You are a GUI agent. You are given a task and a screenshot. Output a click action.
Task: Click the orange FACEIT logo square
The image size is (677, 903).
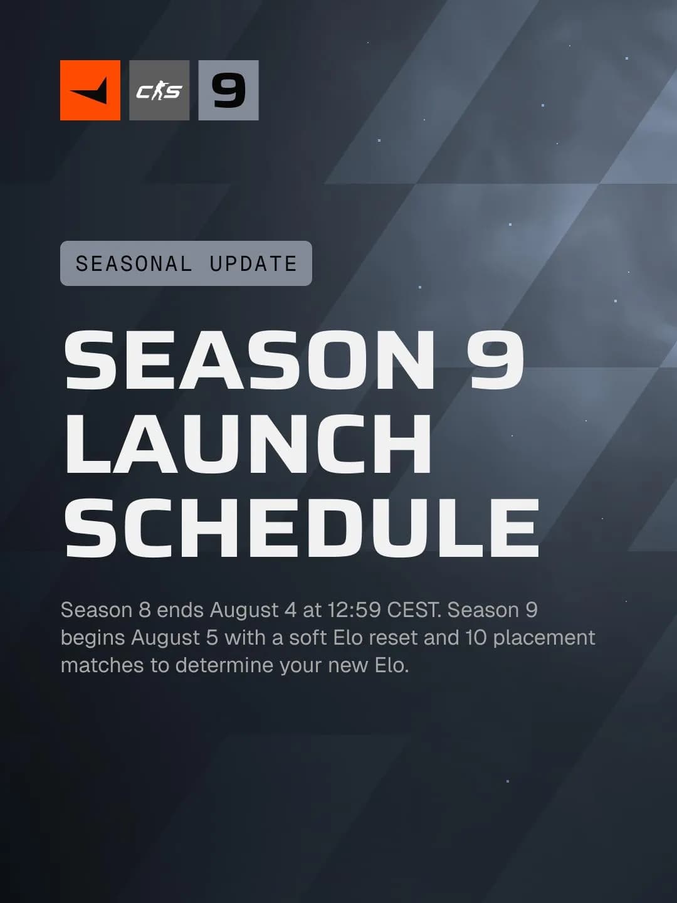[x=90, y=90]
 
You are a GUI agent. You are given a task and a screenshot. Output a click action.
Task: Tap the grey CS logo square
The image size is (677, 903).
[x=159, y=90]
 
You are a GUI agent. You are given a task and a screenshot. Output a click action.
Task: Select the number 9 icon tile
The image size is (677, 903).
[x=228, y=90]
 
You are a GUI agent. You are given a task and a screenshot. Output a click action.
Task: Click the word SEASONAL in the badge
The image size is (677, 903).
[x=134, y=264]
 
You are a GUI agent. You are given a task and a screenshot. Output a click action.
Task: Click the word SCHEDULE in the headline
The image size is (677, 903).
[x=302, y=527]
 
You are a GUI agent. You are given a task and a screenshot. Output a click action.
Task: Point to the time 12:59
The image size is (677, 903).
[x=354, y=610]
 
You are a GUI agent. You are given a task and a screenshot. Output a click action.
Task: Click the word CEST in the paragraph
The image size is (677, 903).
[x=414, y=610]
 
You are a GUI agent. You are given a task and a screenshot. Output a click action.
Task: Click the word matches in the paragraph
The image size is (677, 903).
[x=102, y=665]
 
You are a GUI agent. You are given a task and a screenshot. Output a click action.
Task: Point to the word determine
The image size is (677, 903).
[x=224, y=665]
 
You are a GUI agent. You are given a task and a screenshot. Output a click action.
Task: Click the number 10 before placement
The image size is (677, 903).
[x=476, y=638]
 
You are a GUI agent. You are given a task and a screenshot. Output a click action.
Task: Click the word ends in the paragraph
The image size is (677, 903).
[x=180, y=610]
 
